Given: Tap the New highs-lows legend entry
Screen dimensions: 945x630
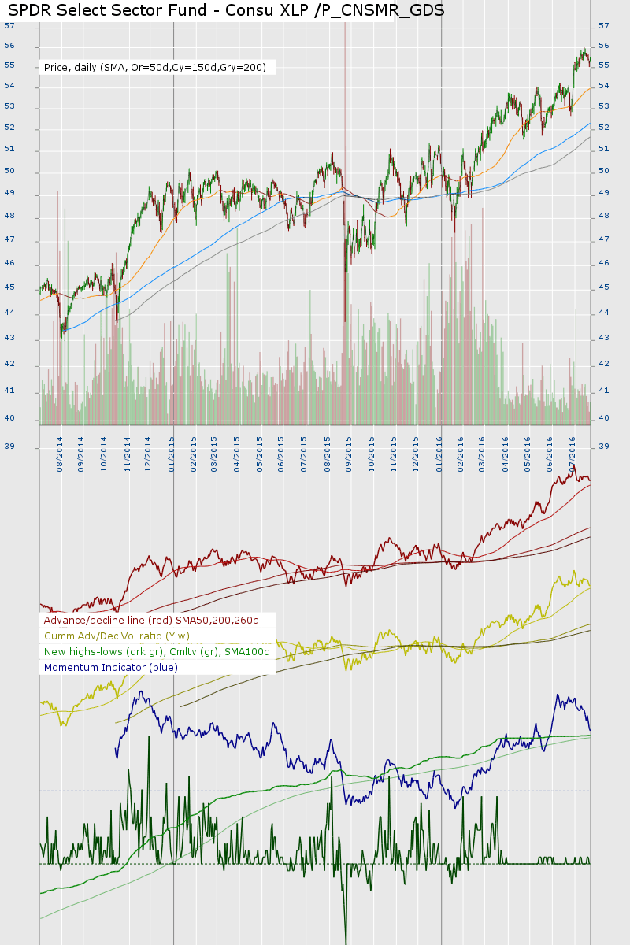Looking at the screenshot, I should (x=157, y=651).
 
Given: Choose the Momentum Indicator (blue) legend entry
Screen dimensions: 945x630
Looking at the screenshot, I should (x=111, y=667).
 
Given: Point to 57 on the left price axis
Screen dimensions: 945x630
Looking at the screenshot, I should (x=9, y=25).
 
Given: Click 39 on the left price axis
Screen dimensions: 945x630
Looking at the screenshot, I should (x=9, y=447).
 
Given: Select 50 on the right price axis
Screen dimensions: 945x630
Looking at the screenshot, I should (x=604, y=171).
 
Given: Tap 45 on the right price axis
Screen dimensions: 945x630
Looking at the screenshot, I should (x=604, y=287).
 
